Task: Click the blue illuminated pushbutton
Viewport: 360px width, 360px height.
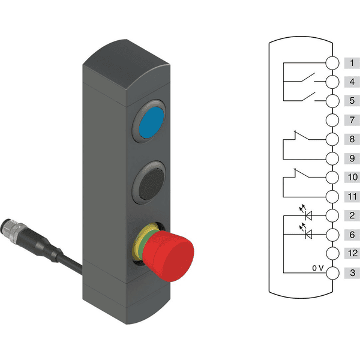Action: pyautogui.click(x=152, y=122)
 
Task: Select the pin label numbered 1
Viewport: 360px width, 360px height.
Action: pyautogui.click(x=352, y=62)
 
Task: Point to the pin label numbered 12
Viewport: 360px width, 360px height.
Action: pyautogui.click(x=352, y=253)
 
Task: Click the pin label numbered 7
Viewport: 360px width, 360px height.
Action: pyautogui.click(x=352, y=120)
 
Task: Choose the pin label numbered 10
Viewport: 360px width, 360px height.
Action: pyautogui.click(x=352, y=177)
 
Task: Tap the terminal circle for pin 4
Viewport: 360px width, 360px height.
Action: pyautogui.click(x=332, y=82)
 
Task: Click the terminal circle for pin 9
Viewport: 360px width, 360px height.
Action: pyautogui.click(x=332, y=158)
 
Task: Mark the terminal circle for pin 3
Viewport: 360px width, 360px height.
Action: pyautogui.click(x=332, y=273)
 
